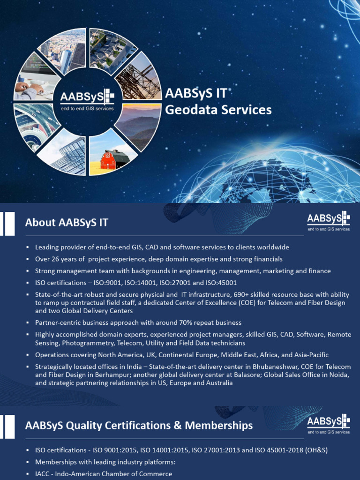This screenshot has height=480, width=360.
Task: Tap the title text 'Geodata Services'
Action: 218,110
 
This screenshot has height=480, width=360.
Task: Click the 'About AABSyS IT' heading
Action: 67,222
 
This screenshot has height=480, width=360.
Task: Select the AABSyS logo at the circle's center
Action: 87,100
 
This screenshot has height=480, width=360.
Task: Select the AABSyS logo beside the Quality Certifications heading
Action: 329,424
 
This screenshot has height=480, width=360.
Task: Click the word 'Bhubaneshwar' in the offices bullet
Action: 274,367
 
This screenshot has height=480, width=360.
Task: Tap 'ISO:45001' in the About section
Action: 221,283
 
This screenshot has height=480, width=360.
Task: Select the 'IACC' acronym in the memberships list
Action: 43,474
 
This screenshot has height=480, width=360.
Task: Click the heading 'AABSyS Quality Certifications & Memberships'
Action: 139,425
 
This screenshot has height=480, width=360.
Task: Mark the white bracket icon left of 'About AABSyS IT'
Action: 8,223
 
